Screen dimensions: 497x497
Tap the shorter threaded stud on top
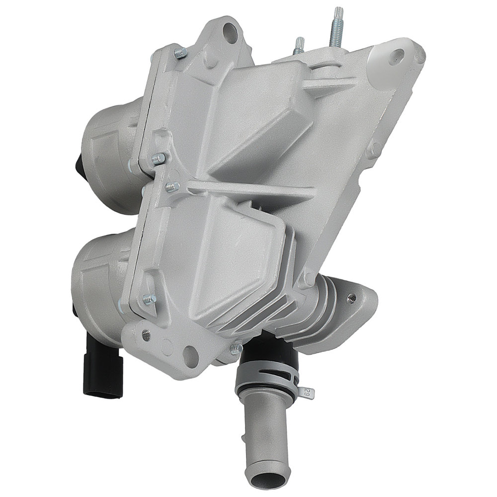click(300, 46)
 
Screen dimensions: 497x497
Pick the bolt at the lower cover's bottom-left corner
click(148, 299)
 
